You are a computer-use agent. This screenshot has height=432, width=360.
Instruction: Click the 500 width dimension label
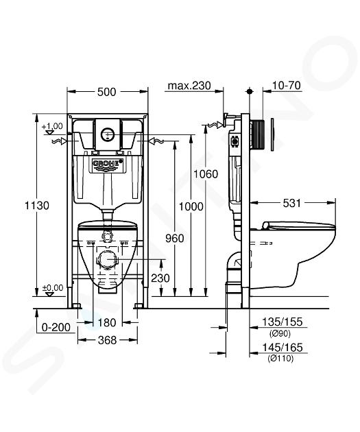pyautogui.click(x=107, y=92)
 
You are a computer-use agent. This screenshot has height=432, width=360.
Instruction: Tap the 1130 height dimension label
pyautogui.click(x=37, y=206)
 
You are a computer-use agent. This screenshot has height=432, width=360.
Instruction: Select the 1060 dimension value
pyautogui.click(x=206, y=174)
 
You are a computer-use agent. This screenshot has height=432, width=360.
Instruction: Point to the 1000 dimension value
pyautogui.click(x=191, y=206)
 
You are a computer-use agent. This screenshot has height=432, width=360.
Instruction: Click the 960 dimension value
pyautogui.click(x=175, y=239)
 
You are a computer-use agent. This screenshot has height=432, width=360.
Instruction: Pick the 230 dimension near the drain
pyautogui.click(x=160, y=278)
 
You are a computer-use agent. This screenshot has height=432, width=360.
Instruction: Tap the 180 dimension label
pyautogui.click(x=107, y=322)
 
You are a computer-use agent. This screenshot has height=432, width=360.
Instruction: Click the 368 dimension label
pyautogui.click(x=107, y=340)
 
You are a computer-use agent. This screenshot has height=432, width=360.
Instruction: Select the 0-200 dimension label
pyautogui.click(x=56, y=327)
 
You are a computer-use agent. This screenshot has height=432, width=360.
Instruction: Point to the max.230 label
pyautogui.click(x=189, y=86)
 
